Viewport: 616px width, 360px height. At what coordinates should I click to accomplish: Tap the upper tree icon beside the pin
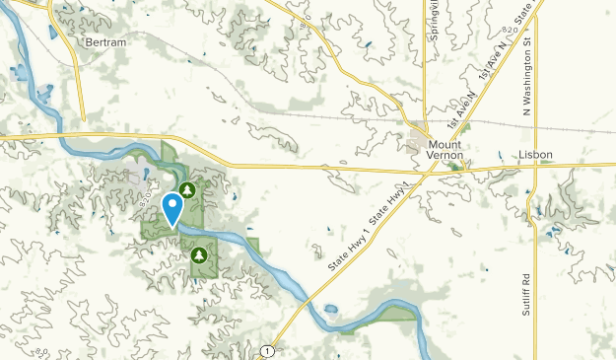(x=186, y=187)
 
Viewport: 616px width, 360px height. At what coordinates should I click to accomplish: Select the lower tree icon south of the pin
(x=199, y=255)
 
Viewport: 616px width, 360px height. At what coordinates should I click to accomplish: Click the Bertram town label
(x=105, y=43)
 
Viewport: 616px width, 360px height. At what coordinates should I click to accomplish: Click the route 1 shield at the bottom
(x=267, y=351)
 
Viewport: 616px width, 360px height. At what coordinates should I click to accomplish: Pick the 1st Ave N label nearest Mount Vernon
(x=460, y=111)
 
